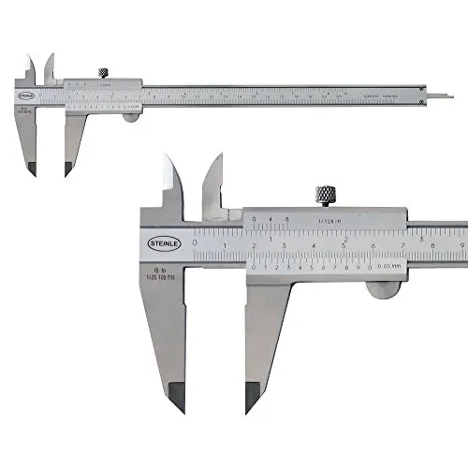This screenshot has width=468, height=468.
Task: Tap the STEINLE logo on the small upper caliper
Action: tap(25, 95)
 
